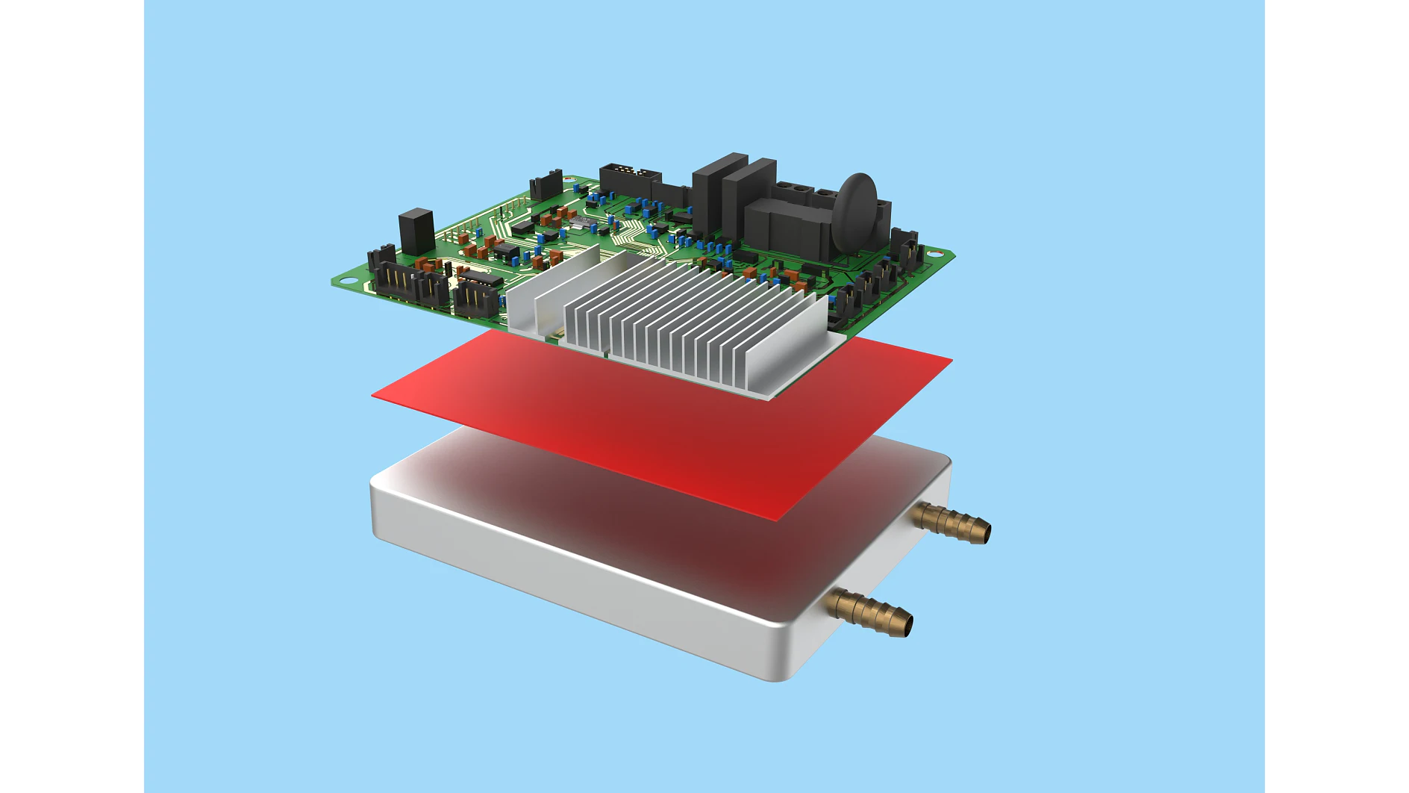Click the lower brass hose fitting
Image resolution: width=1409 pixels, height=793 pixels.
point(870,612)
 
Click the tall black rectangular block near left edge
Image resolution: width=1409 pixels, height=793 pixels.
point(416,231)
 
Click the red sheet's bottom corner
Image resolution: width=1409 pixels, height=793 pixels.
point(776,517)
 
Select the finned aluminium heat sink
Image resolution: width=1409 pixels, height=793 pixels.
point(687,321)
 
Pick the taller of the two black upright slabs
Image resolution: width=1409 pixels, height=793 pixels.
point(718,194)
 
